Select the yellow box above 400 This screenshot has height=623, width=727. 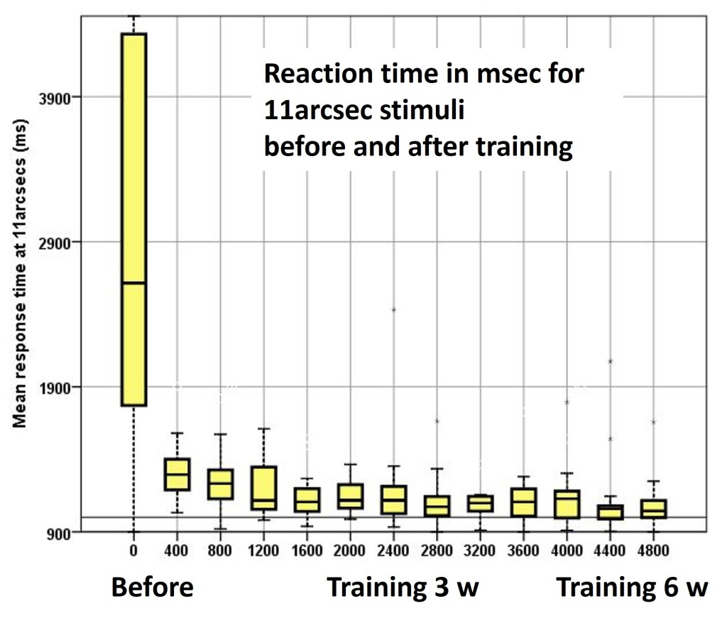177,474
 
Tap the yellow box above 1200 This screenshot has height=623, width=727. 263,487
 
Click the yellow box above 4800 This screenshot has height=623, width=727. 652,508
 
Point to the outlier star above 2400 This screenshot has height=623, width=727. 393,310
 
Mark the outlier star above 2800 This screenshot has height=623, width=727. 437,421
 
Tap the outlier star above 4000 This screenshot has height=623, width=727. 567,402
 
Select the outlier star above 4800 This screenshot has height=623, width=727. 652,422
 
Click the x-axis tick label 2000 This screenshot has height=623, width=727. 350,549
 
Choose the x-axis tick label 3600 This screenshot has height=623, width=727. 523,549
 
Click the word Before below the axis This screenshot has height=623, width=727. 152,588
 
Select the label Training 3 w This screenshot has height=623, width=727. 403,588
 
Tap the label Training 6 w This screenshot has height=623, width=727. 631,588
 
